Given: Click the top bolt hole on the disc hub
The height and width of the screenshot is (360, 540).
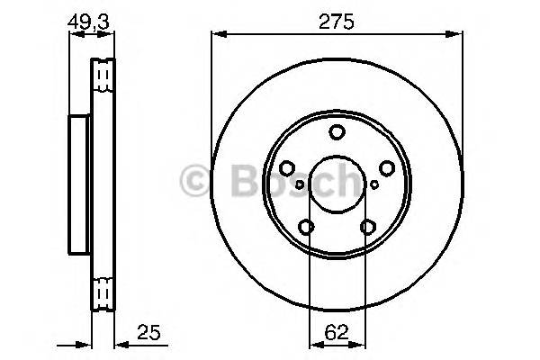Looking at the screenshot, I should coord(337,133).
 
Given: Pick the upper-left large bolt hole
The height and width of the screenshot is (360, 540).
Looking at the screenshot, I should coord(287,168).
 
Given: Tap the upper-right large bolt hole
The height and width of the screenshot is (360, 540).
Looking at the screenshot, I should coord(387,168).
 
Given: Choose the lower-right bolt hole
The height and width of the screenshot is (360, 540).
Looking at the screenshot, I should coord(367,228).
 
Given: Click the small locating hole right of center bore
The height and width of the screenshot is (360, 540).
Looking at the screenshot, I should coord(374,184).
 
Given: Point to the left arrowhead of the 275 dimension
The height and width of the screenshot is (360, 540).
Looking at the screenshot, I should coord(217,35).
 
